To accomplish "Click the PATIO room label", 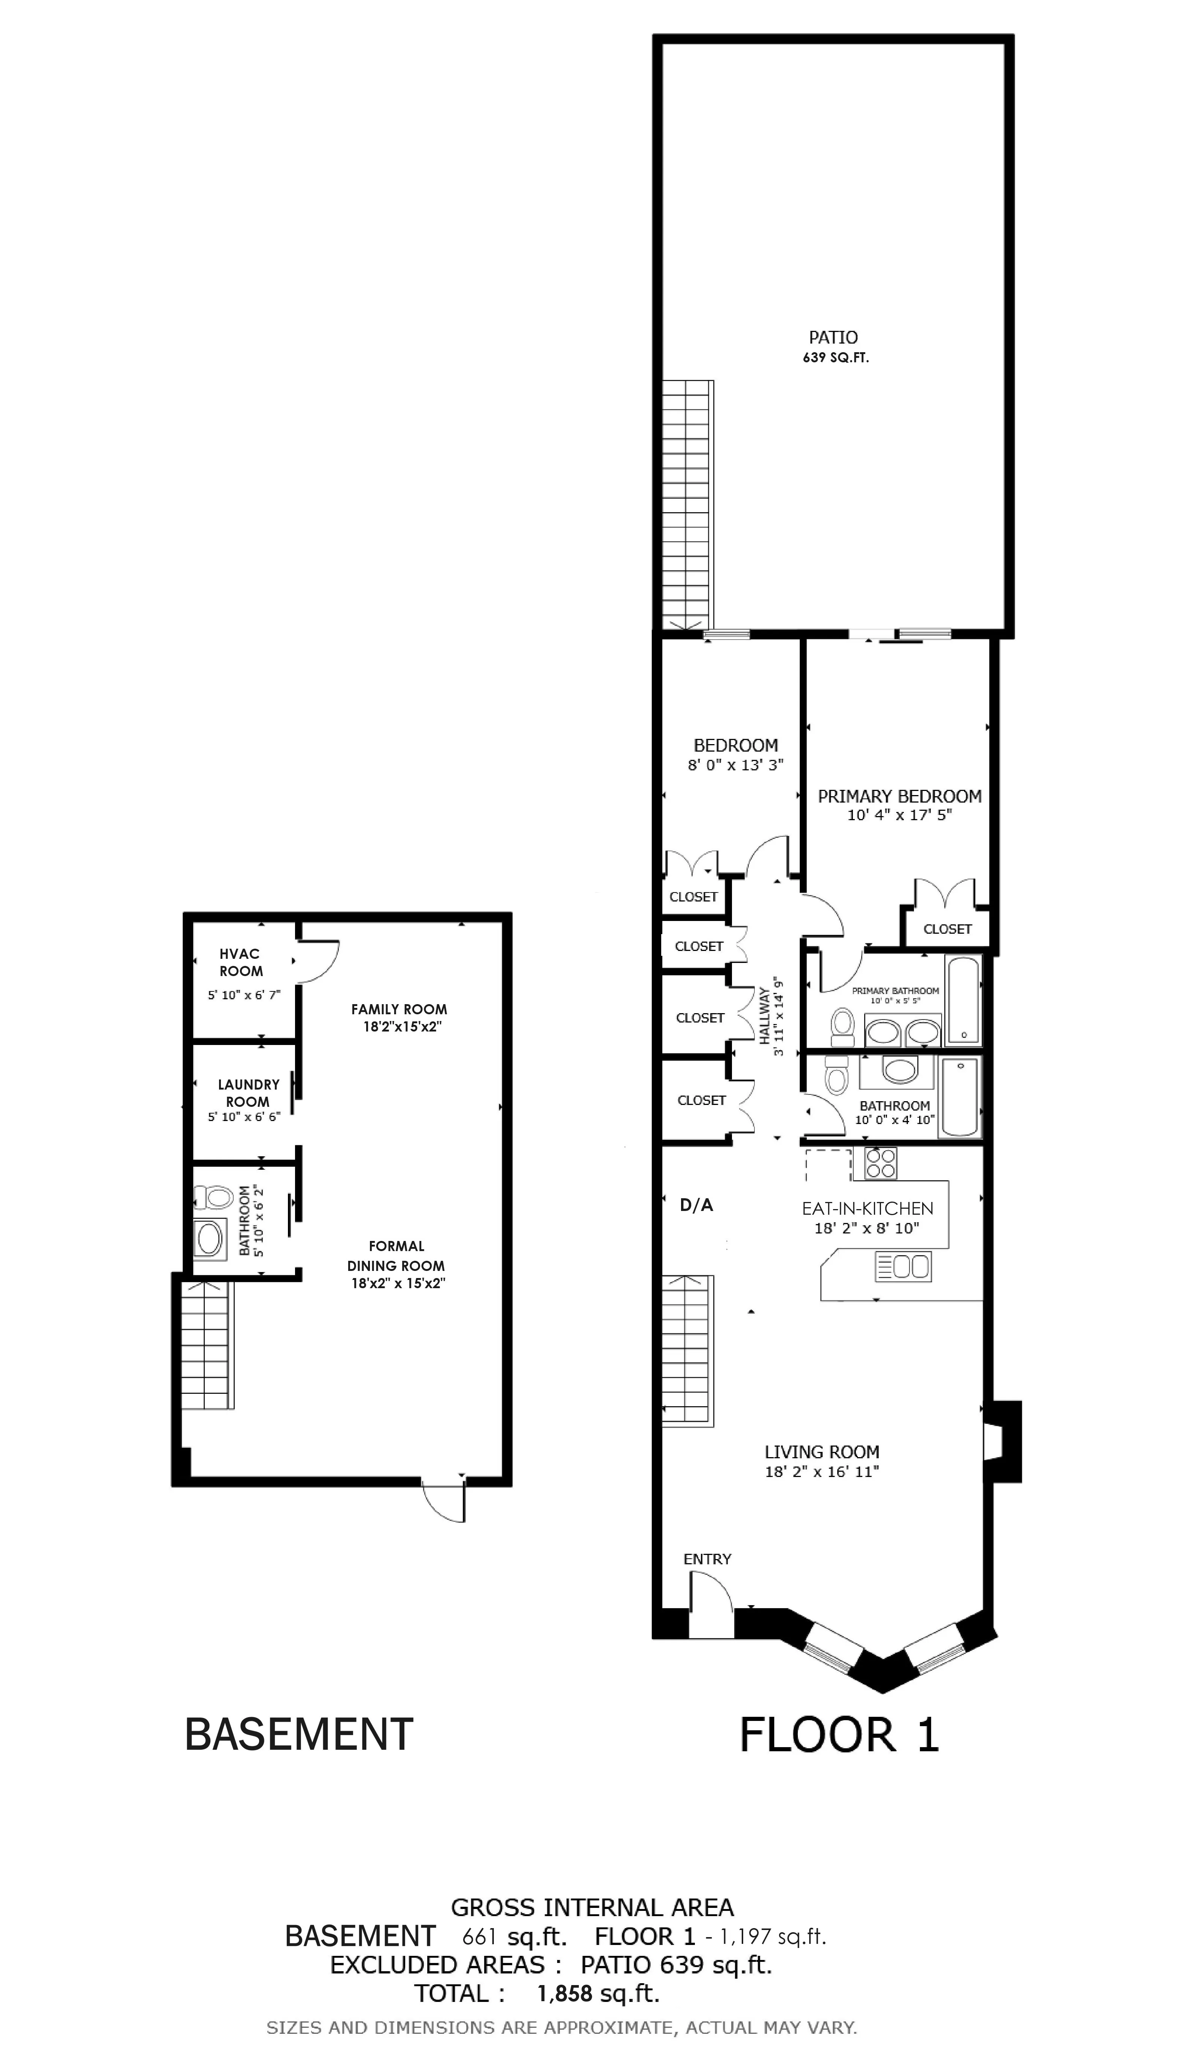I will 833,337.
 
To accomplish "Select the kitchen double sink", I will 903,1267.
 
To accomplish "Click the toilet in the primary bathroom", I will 841,1027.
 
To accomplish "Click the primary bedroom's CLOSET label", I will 947,929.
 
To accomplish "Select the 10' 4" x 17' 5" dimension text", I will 899,815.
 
